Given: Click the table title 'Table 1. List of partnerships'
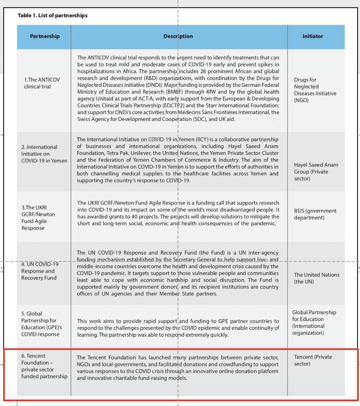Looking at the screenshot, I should point(52,16).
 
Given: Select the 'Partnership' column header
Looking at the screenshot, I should point(45,36).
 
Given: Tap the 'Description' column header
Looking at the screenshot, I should point(178,36).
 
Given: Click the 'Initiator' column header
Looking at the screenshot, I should point(313,36).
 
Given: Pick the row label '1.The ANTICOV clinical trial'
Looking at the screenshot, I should point(42,83).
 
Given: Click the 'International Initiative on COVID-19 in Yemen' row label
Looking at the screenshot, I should point(44,154).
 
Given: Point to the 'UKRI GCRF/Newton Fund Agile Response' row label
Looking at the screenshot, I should point(38,218).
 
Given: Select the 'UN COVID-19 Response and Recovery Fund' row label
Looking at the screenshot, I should point(40,271).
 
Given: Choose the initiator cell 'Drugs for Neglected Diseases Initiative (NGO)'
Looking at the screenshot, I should point(315,90).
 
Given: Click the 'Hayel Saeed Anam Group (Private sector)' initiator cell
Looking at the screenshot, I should point(316,172).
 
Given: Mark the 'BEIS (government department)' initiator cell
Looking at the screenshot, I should point(315,214).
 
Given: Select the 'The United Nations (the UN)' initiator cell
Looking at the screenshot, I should point(316,278).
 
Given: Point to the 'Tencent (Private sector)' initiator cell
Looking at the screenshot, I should point(313,360).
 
